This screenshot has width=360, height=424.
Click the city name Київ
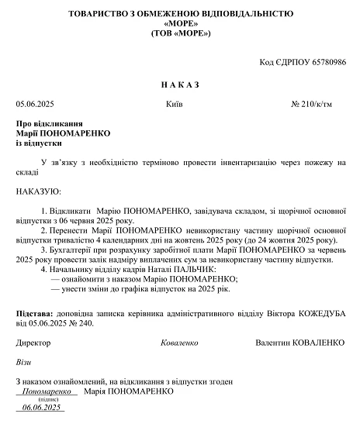coord(175,103)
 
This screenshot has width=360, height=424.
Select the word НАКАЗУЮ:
coord(37,190)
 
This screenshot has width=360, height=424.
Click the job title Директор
coord(33,342)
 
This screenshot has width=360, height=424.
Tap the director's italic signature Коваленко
coord(180,342)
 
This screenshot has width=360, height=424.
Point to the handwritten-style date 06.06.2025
coord(42,407)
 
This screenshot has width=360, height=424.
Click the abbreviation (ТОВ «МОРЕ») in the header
coord(180,35)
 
